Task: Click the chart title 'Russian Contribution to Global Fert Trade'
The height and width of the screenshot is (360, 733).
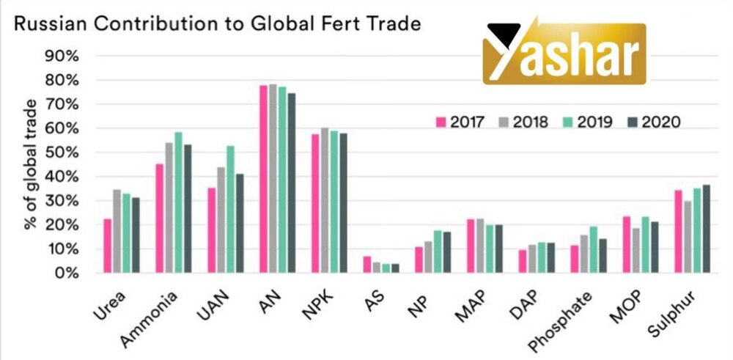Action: pyautogui.click(x=218, y=24)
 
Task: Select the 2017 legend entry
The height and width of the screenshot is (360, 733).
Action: pyautogui.click(x=460, y=122)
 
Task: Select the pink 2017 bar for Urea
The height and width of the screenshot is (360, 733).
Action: pyautogui.click(x=108, y=246)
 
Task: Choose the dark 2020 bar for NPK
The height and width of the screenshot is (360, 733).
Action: pyautogui.click(x=343, y=203)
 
